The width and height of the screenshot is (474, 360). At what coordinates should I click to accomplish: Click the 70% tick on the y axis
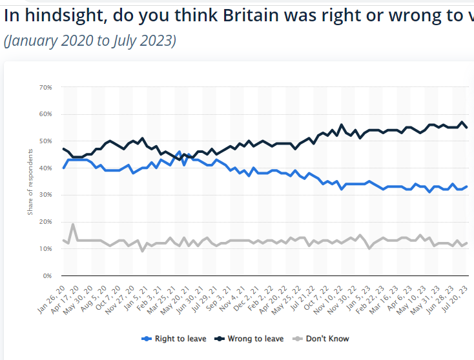coord(45,87)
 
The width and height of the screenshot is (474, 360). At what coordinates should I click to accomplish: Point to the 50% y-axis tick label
coord(45,141)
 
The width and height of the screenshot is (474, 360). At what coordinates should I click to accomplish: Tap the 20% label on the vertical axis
coord(45,221)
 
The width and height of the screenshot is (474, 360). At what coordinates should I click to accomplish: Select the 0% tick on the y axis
coord(47,275)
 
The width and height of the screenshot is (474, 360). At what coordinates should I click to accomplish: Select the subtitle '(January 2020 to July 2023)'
coord(90,41)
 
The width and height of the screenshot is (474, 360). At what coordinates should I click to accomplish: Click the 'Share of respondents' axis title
coord(29,182)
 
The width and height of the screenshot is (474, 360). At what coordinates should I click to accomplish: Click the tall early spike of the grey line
coord(73,225)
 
